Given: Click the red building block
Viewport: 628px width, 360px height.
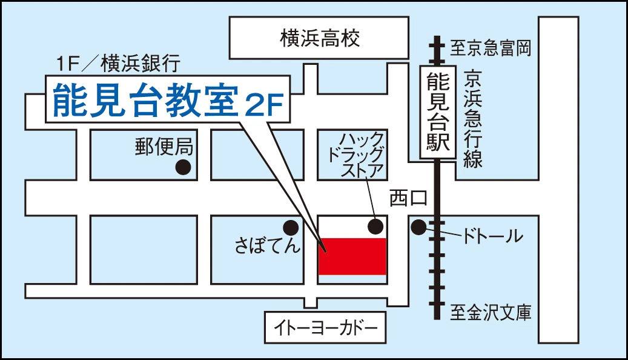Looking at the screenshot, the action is click(352, 256).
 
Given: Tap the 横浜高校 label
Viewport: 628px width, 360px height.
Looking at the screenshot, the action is click(319, 39).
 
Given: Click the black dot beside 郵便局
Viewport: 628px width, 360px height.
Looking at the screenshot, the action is click(183, 167).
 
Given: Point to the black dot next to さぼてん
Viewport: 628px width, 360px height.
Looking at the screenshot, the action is click(291, 227).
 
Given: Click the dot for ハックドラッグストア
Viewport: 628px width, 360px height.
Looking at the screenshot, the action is click(375, 227).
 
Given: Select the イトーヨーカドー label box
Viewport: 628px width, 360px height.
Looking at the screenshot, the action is click(325, 328).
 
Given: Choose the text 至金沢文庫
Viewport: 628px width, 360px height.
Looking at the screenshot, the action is click(491, 313).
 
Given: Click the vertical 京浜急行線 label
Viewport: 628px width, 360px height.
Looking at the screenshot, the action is click(472, 119).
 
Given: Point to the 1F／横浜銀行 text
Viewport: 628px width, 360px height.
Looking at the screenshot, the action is click(117, 62).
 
